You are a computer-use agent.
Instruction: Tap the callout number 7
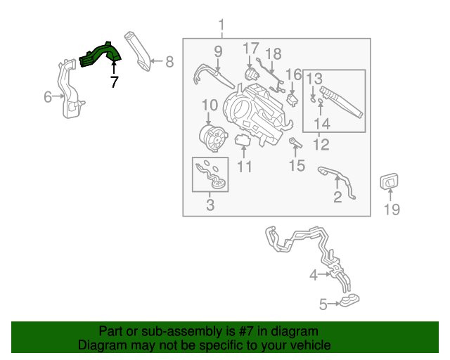click(x=114, y=83)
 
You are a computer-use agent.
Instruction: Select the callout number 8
click(x=169, y=62)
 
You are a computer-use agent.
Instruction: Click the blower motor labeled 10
click(x=212, y=136)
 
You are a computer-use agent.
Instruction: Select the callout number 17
click(x=251, y=49)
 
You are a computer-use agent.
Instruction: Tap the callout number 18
click(x=273, y=54)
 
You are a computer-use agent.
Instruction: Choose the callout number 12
click(x=321, y=146)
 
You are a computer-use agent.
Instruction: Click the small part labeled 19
click(x=390, y=183)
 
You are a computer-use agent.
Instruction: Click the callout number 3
click(x=210, y=205)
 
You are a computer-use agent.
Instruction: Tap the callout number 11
click(x=244, y=167)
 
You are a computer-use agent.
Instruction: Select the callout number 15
click(x=297, y=166)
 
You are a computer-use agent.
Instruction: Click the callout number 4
click(x=314, y=276)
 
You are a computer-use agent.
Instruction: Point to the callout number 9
click(x=217, y=51)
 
